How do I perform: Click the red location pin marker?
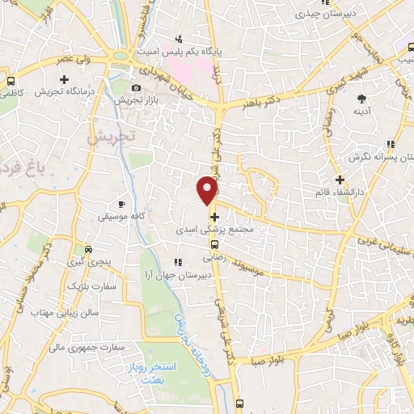(x=209, y=189)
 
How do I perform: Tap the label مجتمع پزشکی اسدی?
(x=213, y=230)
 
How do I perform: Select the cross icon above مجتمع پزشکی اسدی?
(x=214, y=217)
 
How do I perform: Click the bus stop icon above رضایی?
(x=214, y=245)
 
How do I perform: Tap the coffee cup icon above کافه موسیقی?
(x=122, y=205)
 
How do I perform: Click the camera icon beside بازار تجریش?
(x=136, y=88)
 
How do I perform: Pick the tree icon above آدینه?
(x=361, y=99)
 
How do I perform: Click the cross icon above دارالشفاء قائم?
(x=340, y=180)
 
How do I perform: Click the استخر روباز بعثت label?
(x=142, y=374)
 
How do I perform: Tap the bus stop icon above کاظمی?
(x=11, y=82)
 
